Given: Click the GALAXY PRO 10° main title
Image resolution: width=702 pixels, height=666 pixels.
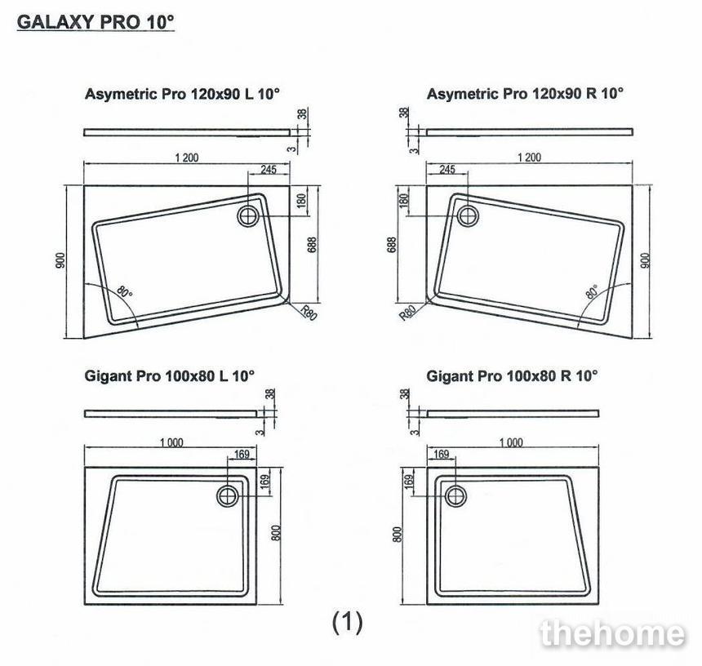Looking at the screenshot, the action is [96, 22].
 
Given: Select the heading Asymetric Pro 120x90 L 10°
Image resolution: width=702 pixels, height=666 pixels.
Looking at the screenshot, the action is [182, 94].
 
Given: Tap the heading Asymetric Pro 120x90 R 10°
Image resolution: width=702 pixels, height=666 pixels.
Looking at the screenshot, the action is [525, 94].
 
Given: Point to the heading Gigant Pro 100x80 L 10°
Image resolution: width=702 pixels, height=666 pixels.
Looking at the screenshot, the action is [170, 375].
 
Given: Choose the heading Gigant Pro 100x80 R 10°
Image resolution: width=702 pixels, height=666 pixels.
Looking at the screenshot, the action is [512, 376].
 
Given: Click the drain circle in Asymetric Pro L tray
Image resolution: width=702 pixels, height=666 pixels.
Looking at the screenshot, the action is [247, 215].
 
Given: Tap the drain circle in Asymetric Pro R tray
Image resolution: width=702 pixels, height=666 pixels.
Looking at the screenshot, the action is [469, 215].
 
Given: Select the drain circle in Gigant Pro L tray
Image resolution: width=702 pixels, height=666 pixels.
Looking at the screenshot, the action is [228, 496].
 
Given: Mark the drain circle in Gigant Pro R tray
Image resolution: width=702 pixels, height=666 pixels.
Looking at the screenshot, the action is [455, 496].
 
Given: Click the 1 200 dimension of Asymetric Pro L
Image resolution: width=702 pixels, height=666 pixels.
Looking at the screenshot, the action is [187, 158].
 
